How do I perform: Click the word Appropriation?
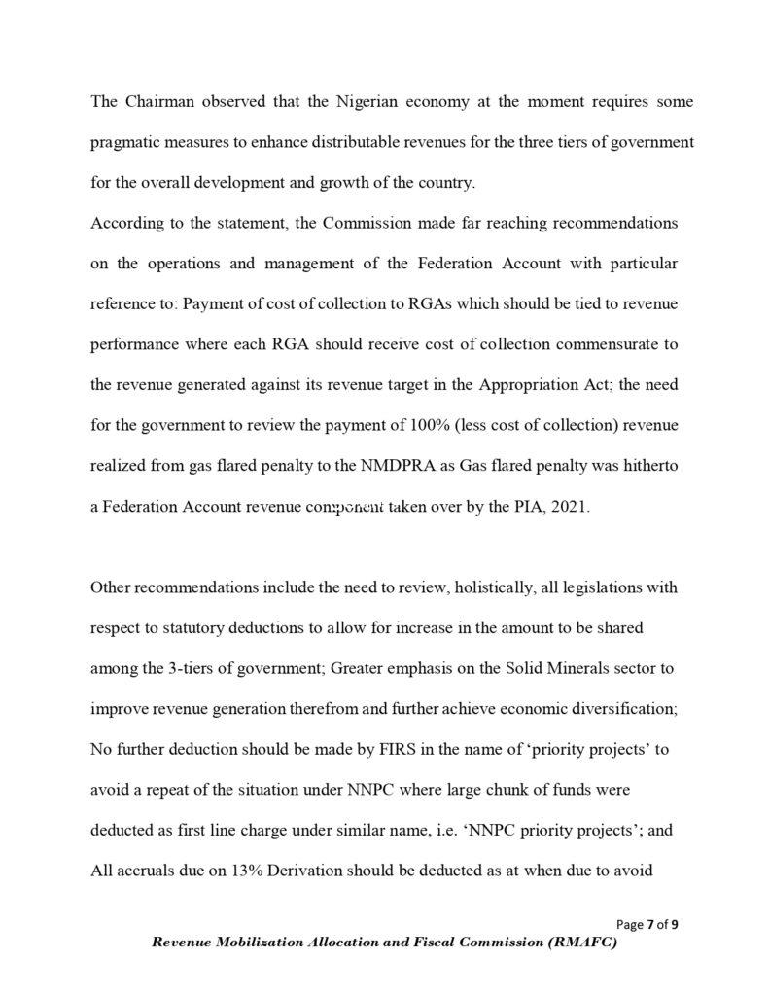point(530,385)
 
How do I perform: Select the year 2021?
point(568,508)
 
